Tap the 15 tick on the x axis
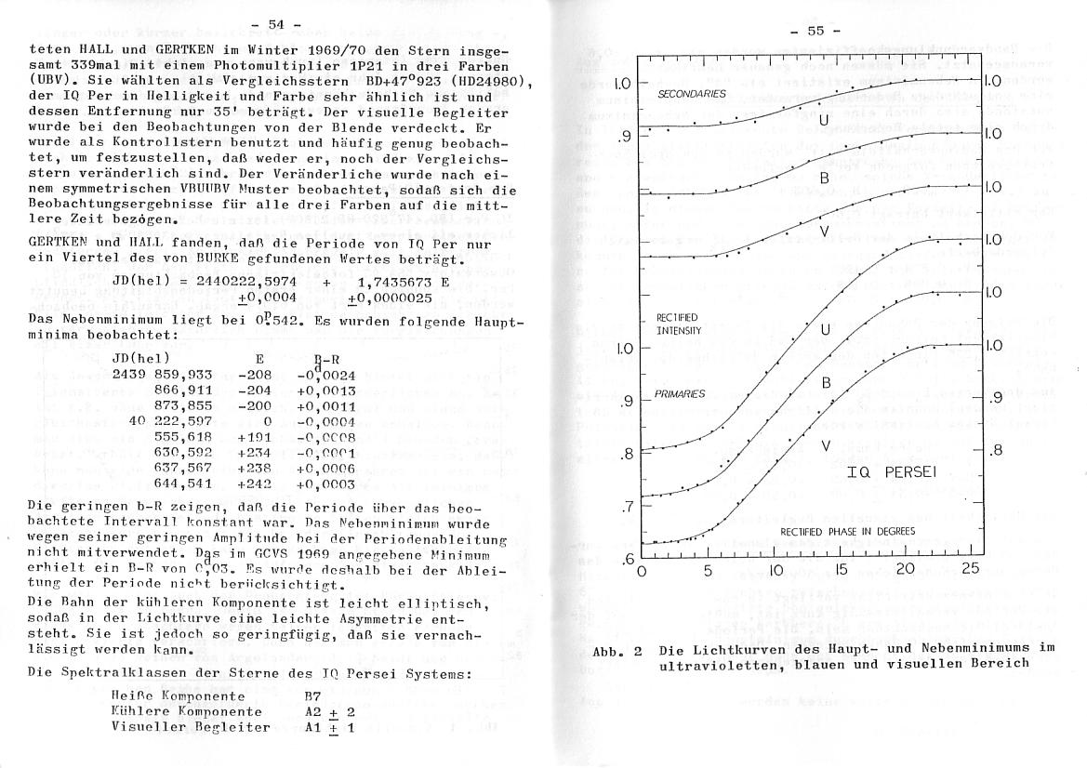click(x=841, y=571)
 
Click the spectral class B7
click(x=314, y=695)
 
